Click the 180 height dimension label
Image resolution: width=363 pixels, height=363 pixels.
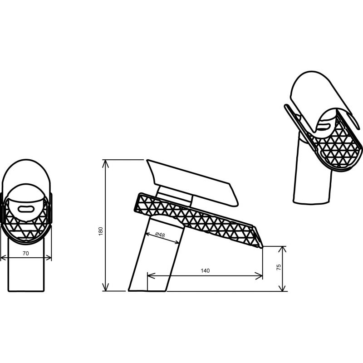coord(101,231)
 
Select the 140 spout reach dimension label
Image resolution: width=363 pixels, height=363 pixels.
coord(205,270)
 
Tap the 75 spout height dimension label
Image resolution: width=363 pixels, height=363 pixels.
coord(279,267)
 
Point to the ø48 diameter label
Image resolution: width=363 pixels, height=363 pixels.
coord(160,235)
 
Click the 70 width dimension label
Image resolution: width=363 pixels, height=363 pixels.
coord(26,254)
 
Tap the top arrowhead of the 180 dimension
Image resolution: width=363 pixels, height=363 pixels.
coord(106,163)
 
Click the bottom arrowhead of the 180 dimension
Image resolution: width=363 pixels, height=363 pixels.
coord(106,287)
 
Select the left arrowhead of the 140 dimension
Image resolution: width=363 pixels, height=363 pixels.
coord(151,276)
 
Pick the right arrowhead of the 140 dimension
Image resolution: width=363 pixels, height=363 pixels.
coord(259,276)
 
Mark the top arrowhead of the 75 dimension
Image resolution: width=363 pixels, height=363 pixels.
coord(282,250)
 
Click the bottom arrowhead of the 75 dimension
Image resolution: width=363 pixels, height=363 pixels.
coord(282,288)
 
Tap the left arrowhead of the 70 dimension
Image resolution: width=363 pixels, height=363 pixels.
coord(4,257)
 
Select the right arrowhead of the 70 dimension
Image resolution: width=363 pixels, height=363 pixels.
coord(48,257)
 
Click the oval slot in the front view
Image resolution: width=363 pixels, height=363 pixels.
coord(26,209)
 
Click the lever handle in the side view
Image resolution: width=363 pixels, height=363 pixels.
coord(192,182)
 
